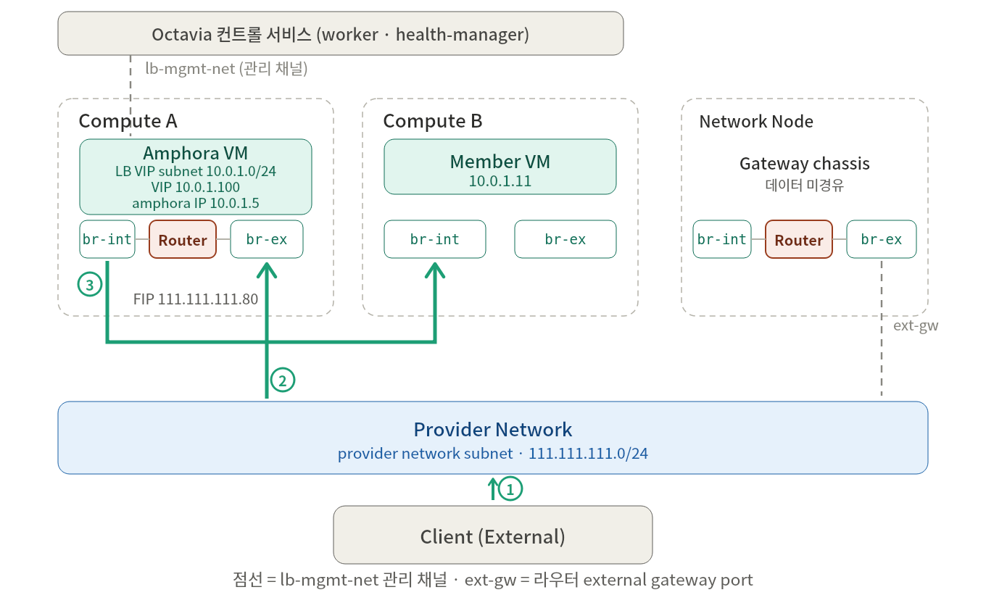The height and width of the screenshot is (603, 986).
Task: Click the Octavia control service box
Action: point(341,33)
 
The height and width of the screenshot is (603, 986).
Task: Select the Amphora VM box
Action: point(196,177)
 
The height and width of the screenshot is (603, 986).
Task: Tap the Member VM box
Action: point(500,167)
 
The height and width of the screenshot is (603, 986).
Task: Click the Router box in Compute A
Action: point(183,239)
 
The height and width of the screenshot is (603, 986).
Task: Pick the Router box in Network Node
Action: point(799,239)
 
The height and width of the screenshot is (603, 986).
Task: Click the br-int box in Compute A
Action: point(107,239)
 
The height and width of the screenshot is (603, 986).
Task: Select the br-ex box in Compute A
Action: point(267,239)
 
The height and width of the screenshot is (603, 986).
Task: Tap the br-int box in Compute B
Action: point(435,239)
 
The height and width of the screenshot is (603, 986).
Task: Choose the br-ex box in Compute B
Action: point(565,239)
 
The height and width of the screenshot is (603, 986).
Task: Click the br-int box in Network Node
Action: point(722,239)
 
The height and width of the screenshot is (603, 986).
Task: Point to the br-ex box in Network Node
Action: point(882,239)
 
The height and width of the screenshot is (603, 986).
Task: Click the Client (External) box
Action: point(493,535)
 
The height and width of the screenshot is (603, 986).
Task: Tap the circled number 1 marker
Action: point(510,489)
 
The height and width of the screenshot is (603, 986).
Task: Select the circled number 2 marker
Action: point(283,380)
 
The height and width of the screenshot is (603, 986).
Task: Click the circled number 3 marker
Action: point(90,284)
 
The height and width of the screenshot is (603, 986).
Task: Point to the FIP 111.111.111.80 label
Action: point(196,299)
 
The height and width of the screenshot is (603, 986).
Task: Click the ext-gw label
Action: point(916,326)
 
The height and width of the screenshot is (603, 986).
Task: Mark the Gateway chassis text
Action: point(805,164)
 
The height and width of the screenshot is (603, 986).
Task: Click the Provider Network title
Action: point(493,430)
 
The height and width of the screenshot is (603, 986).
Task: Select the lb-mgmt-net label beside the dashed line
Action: point(226,69)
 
